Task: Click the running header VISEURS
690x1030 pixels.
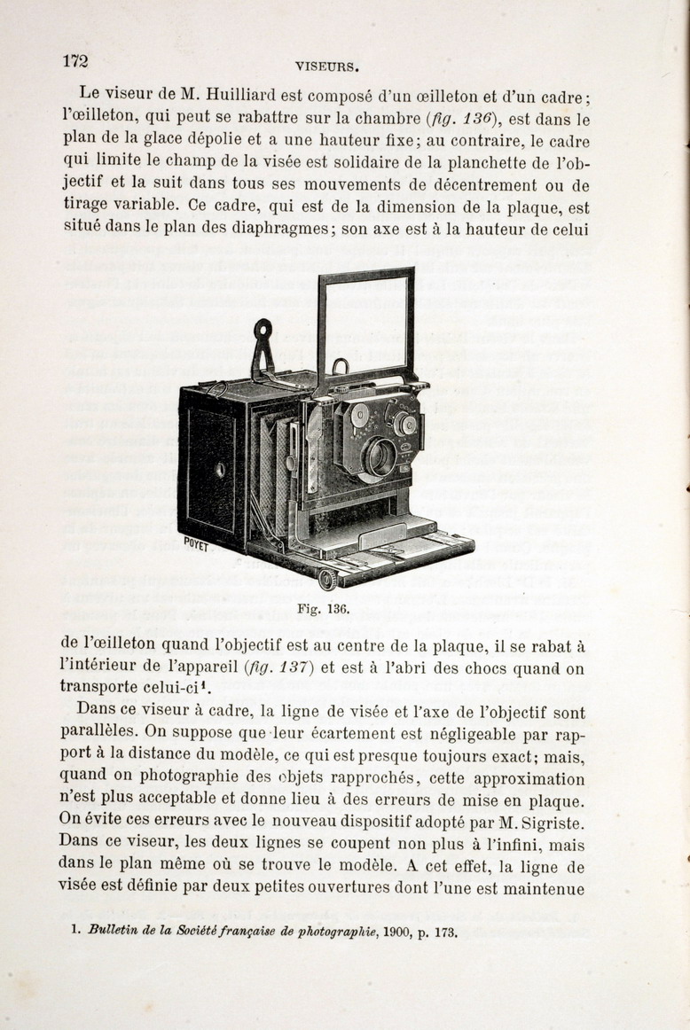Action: [x=325, y=65]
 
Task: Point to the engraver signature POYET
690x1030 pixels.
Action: [x=196, y=544]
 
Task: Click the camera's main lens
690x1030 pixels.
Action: [x=380, y=456]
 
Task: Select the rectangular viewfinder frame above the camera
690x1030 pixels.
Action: [x=366, y=323]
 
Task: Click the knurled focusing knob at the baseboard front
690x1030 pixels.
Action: [x=327, y=580]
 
